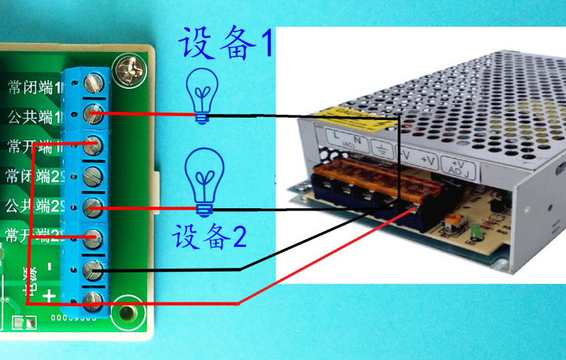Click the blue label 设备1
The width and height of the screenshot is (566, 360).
click(x=225, y=45)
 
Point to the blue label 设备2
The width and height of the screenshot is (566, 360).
click(x=209, y=237)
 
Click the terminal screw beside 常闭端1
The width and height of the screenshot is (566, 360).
click(x=96, y=81)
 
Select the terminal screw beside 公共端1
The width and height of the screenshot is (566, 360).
click(x=94, y=115)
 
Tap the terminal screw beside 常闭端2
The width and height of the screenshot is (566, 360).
click(x=94, y=177)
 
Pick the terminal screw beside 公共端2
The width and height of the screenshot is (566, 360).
click(x=94, y=205)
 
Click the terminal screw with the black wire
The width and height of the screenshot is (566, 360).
click(x=94, y=269)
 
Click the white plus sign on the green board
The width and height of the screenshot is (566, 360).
click(x=49, y=296)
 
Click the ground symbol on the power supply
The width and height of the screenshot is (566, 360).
click(x=383, y=149)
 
